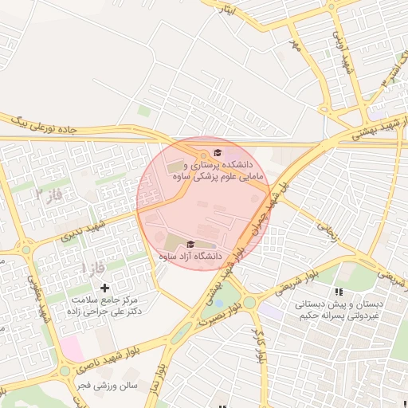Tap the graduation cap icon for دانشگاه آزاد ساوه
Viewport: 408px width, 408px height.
(x=190, y=244)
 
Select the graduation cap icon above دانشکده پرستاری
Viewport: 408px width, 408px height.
(x=218, y=153)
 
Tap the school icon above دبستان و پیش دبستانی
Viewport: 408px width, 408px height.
(x=339, y=292)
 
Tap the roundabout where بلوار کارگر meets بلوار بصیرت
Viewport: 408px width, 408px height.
(x=249, y=302)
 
